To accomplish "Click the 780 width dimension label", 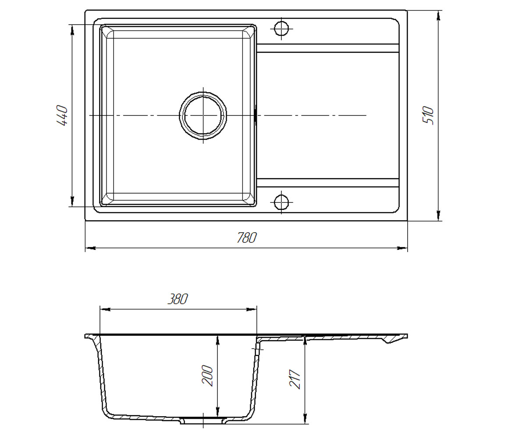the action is pos(247,237).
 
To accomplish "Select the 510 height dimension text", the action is pos(428,115).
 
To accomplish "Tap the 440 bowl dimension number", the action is pos(62,115).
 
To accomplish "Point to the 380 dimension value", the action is pos(178,299).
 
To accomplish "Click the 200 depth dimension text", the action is pos(207,376).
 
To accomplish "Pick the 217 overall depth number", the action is pos(295,379).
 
